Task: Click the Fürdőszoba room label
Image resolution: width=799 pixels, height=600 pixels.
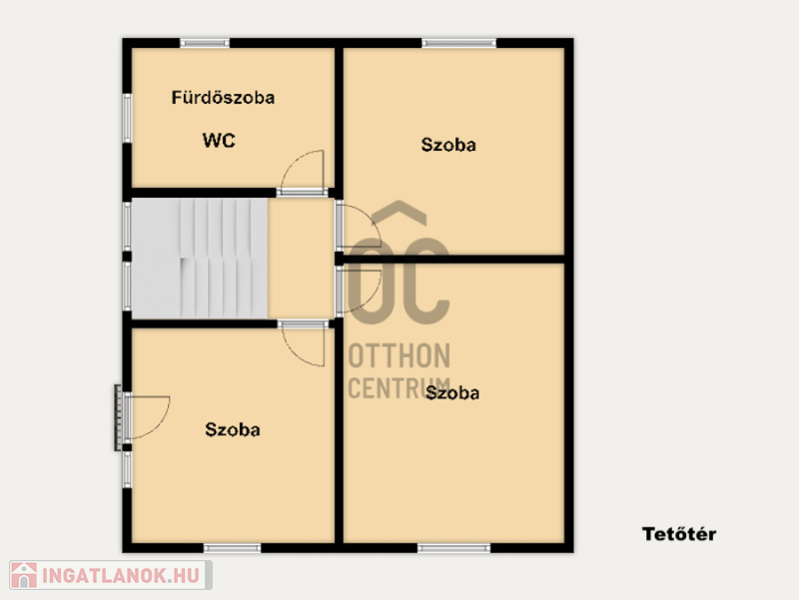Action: click(223, 97)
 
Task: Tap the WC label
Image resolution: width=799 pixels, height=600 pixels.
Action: click(219, 140)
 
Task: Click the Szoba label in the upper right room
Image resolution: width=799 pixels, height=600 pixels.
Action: click(448, 145)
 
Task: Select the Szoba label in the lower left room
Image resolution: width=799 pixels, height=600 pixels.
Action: click(233, 429)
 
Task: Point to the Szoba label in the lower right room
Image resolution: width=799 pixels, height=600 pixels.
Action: click(452, 392)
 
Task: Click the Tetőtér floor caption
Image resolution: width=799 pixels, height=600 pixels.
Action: click(679, 534)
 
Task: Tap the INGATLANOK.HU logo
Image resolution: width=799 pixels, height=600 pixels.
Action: click(111, 575)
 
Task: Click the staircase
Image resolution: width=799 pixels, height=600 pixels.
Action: click(199, 259)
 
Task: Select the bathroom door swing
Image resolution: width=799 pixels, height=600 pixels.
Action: click(303, 172)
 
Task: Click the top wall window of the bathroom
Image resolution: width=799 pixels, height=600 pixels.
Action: click(205, 43)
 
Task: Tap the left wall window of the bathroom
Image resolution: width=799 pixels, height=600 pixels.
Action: click(127, 118)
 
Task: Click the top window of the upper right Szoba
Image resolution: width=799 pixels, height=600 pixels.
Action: click(458, 43)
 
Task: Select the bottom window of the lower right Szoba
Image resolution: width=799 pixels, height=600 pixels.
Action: click(453, 548)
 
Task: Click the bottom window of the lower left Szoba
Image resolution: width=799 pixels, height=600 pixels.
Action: click(233, 548)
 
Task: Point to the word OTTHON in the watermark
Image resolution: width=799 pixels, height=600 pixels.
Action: click(399, 355)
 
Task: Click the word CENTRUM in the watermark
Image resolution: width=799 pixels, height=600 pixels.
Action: click(399, 388)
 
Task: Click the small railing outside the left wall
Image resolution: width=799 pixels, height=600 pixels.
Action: click(118, 417)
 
